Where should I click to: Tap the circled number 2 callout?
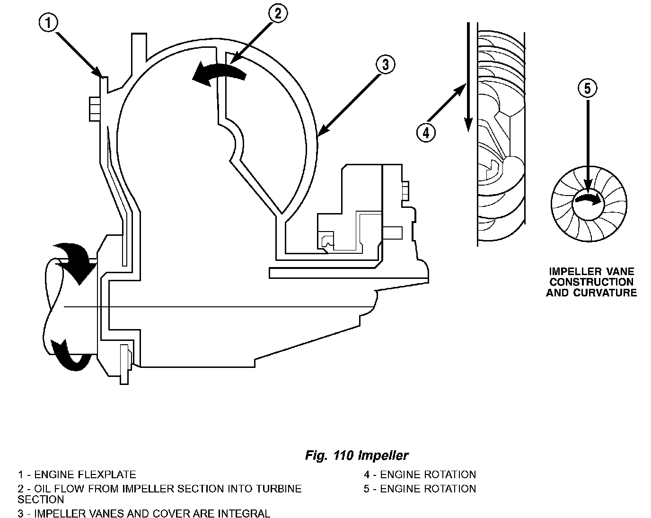(x=278, y=13)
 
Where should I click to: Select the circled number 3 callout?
(x=385, y=64)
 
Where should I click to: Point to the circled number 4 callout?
(x=426, y=133)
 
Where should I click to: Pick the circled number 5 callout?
(x=588, y=89)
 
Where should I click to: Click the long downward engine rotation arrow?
(x=468, y=77)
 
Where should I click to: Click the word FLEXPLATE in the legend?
(x=107, y=474)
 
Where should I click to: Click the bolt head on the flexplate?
(x=95, y=109)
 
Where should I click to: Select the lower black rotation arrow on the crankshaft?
(x=72, y=355)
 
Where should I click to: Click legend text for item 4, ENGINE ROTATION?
(x=420, y=474)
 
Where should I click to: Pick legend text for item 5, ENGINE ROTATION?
(x=420, y=489)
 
